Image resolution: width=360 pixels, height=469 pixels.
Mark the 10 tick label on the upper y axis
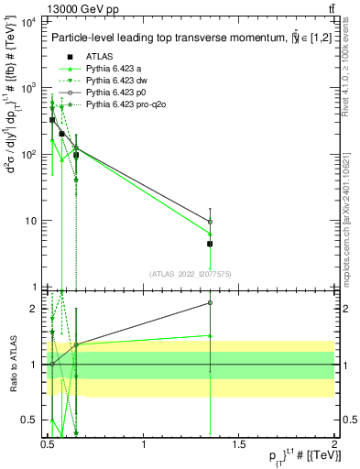click(30, 221)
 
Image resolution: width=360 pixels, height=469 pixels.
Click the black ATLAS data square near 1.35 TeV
click(210, 244)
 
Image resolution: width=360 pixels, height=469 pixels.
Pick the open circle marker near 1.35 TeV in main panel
click(210, 222)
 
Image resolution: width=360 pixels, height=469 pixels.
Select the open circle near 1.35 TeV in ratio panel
click(210, 302)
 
